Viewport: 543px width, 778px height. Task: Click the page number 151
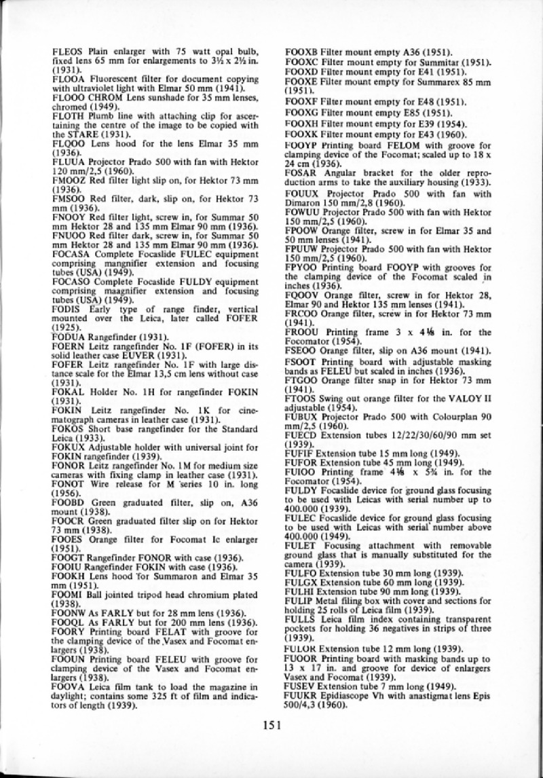coord(271,724)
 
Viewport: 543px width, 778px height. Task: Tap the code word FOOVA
coord(67,688)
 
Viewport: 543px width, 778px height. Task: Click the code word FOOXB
coord(300,52)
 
